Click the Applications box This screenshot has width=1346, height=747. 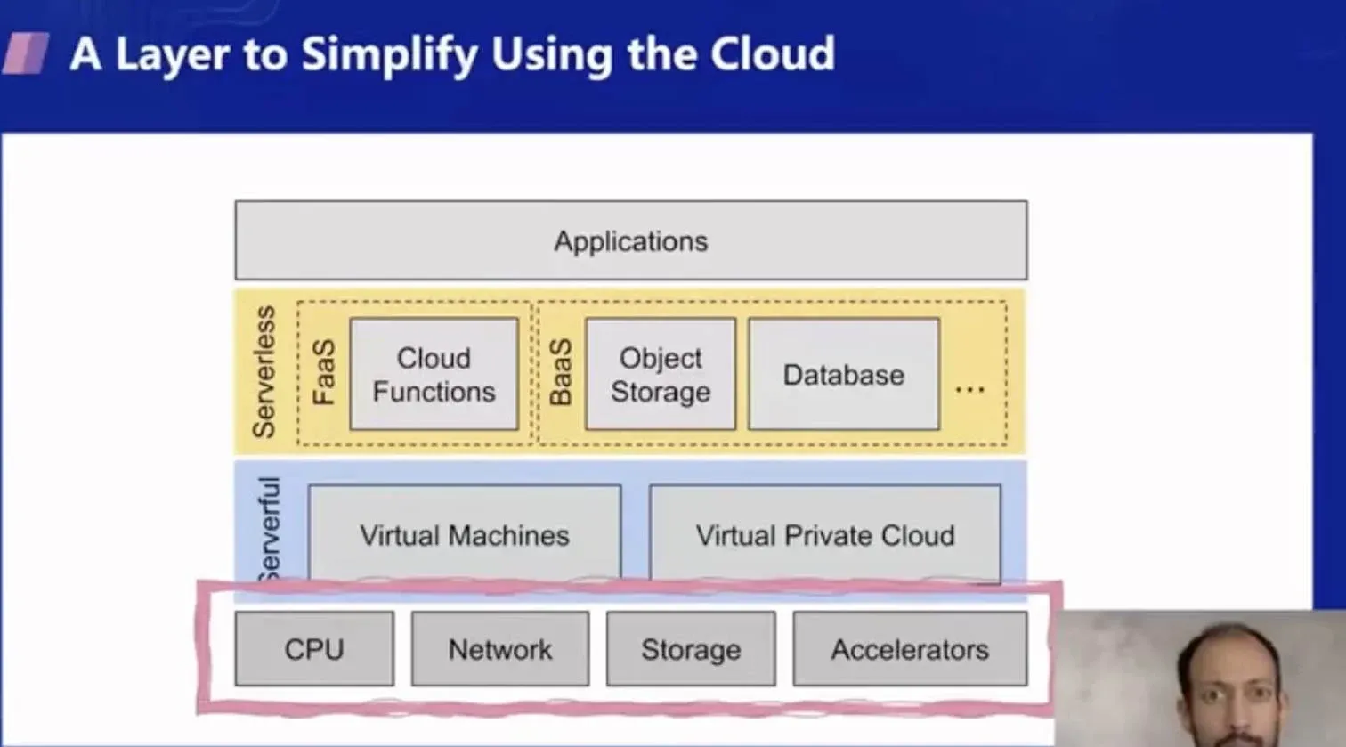[x=630, y=240]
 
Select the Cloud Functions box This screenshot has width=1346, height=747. [x=434, y=374]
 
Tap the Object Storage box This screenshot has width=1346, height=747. [x=661, y=374]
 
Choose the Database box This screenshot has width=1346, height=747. [x=843, y=374]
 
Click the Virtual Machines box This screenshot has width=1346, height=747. [x=464, y=534]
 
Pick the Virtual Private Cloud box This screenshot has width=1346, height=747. [x=824, y=534]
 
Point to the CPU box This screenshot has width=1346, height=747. [x=314, y=649]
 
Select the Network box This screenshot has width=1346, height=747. [x=499, y=649]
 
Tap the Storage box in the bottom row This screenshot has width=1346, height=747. [x=691, y=649]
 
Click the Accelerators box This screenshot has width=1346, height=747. [x=909, y=649]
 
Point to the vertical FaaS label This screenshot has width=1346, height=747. [x=324, y=372]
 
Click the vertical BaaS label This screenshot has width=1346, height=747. [x=560, y=372]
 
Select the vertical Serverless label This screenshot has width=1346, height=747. [x=264, y=372]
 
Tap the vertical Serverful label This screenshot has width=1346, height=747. [x=268, y=529]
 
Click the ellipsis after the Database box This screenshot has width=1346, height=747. [x=969, y=389]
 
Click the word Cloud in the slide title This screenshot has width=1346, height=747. [x=772, y=53]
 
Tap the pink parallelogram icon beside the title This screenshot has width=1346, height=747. [x=26, y=53]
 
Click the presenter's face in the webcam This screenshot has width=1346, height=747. [x=1229, y=687]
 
